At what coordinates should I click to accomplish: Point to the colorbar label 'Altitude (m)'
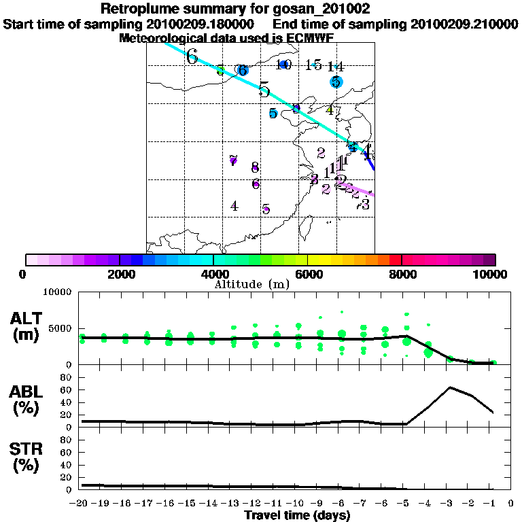tap(251, 283)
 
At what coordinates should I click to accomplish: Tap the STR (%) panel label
tap(27, 457)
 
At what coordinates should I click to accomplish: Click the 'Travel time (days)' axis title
tap(297, 516)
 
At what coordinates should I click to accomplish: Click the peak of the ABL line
tap(450, 387)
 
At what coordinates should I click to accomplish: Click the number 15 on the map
tap(313, 65)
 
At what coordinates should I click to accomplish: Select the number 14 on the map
tap(336, 67)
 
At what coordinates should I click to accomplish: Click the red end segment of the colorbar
tap(395, 260)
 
